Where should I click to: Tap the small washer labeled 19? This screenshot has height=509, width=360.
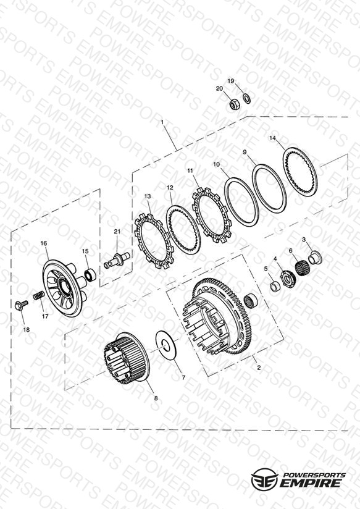247,98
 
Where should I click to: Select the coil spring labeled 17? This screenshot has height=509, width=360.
39,295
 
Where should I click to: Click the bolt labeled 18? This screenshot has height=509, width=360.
22,305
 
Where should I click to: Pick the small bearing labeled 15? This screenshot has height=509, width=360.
90,274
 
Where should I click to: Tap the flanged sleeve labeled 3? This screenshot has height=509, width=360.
315,257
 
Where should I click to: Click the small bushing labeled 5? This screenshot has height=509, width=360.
275,287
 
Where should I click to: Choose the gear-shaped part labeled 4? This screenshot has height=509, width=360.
288,279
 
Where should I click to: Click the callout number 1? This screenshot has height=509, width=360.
162,122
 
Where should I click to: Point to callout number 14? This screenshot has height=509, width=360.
273,138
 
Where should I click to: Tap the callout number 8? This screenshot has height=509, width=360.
156,398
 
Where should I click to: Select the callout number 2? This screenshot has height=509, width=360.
259,368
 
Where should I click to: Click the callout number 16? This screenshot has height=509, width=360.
44,243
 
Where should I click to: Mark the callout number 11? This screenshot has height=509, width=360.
190,170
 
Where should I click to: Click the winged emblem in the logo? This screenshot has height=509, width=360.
264,479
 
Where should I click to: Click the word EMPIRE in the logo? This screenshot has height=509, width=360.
311,482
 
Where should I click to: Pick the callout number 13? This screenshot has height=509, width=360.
148,196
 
